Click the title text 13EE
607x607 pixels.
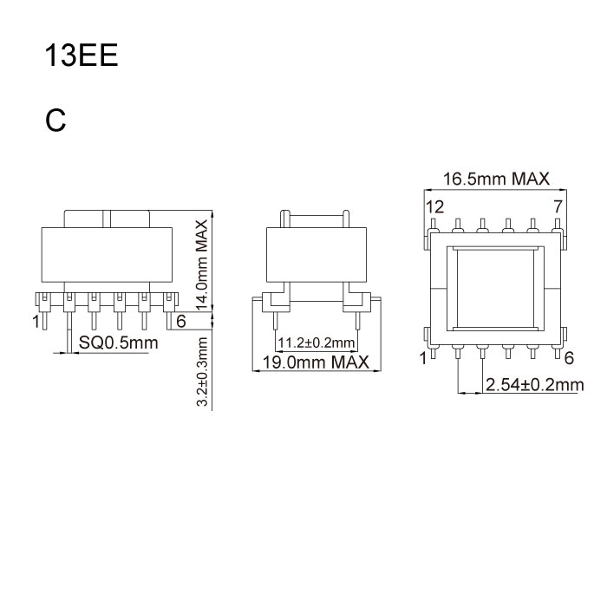point(81,56)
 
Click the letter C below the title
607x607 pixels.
point(56,121)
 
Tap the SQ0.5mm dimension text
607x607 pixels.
point(118,343)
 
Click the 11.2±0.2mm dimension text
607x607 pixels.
point(317,342)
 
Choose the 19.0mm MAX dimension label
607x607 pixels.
point(317,361)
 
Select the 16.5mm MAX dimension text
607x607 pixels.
point(496,179)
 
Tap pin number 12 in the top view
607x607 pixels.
point(434,206)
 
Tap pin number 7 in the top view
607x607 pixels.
point(558,206)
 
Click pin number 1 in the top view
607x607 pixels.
point(424,358)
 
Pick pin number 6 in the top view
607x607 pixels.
point(569,358)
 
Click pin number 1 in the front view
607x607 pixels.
point(36,322)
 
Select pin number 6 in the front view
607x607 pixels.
point(180,321)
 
